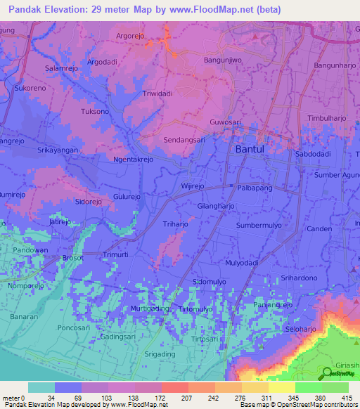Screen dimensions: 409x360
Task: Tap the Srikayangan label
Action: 57,150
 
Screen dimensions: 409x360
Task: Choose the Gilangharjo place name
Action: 215,207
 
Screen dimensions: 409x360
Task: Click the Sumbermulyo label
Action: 259,226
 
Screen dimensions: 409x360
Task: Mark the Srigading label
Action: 159,353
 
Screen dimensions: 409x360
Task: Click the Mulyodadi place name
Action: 243,263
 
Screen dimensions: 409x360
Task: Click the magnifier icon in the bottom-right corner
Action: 328,374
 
